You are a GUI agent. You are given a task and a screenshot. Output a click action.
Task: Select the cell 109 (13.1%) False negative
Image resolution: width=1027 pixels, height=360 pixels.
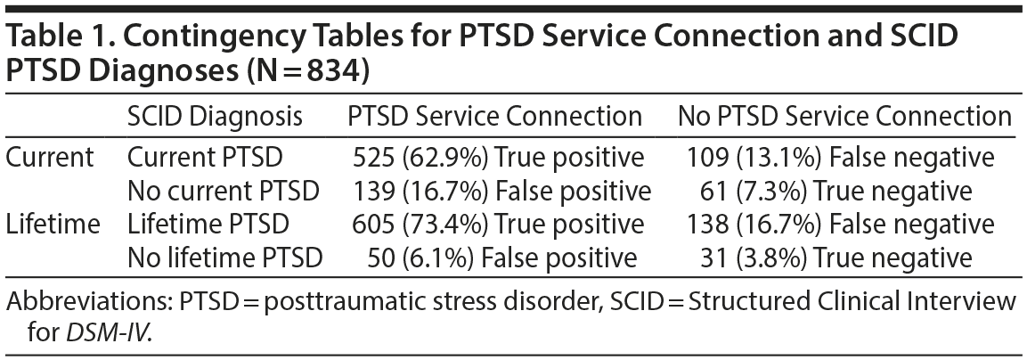(841, 158)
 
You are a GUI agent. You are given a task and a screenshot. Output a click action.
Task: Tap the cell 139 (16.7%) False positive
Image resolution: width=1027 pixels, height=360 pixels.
(499, 191)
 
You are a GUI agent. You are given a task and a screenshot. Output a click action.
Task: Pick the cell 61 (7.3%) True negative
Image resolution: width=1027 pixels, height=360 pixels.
(841, 191)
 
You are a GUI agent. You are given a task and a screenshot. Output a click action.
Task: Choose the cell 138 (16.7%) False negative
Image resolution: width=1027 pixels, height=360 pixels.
(841, 224)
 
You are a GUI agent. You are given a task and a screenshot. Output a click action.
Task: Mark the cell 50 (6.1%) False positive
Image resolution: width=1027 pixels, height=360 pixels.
(502, 257)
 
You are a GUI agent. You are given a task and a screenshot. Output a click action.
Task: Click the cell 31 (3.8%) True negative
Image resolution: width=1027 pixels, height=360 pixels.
(841, 257)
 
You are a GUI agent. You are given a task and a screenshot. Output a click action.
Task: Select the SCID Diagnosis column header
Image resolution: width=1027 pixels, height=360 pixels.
(215, 117)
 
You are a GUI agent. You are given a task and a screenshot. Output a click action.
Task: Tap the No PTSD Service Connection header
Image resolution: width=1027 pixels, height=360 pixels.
(844, 117)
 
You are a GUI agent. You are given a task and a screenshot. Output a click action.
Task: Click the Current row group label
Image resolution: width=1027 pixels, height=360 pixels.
(50, 158)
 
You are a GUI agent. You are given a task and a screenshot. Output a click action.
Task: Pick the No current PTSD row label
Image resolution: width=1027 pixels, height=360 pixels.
(224, 191)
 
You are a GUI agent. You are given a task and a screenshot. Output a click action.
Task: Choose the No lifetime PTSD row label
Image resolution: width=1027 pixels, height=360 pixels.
(224, 257)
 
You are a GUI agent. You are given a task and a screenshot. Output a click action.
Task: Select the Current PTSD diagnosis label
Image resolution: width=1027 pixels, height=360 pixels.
(206, 158)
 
